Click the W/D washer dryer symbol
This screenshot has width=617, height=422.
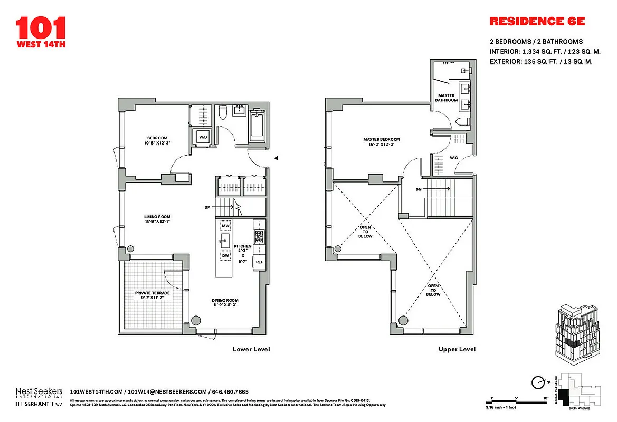point(202,137)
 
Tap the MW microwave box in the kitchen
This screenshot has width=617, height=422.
point(226,226)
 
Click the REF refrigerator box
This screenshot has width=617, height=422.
point(259,262)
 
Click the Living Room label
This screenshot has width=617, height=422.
point(157,219)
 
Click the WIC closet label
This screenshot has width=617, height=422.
point(453,157)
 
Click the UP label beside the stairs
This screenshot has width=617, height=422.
point(207,207)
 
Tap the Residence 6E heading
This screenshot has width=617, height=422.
point(537,22)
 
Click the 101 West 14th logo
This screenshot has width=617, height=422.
point(41,32)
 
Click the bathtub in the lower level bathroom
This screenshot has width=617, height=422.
point(257,126)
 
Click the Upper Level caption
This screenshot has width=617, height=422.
point(457,349)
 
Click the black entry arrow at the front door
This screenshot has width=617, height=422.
point(275,158)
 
